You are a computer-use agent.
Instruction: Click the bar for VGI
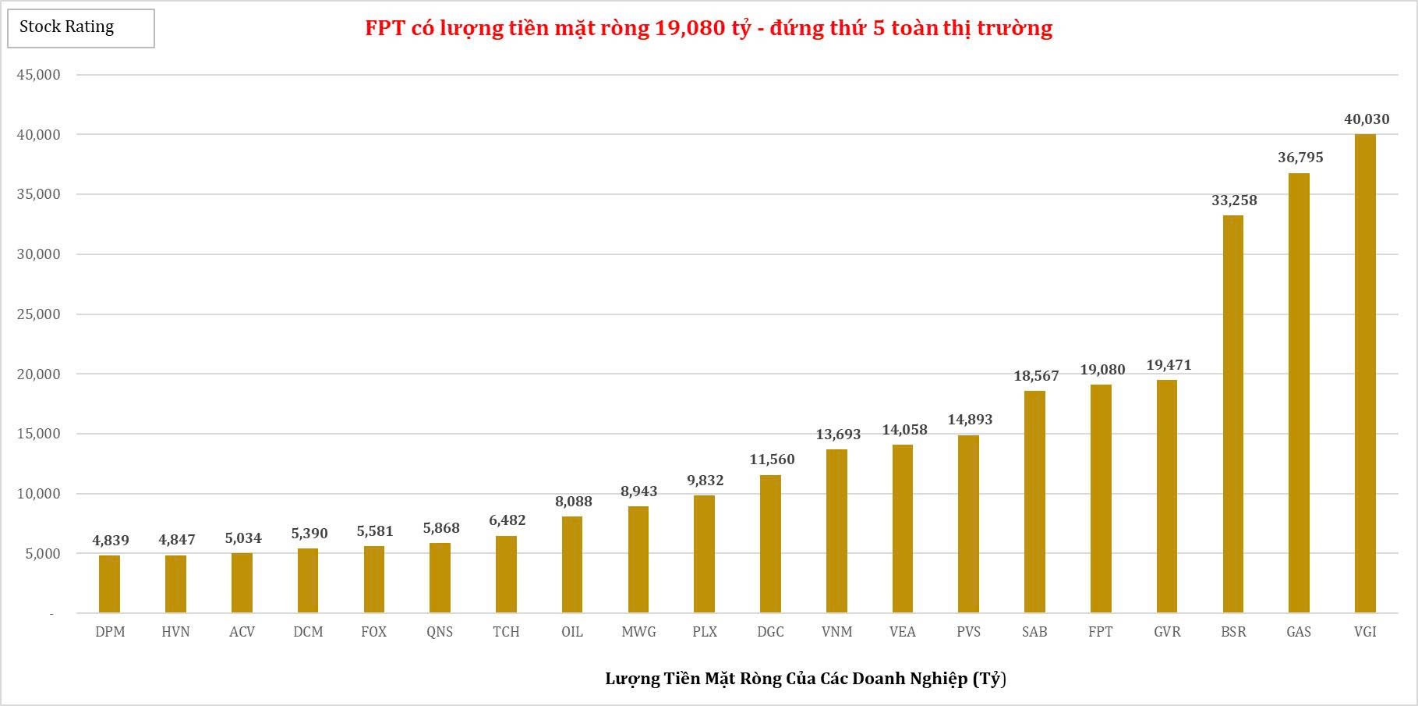(1365, 374)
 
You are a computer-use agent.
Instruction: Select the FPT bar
(1101, 499)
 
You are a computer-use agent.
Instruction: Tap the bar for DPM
(109, 584)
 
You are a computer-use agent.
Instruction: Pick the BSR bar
(1233, 413)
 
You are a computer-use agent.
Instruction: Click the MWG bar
(638, 559)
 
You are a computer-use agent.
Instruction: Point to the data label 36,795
(1300, 158)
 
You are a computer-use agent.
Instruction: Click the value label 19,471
(1169, 365)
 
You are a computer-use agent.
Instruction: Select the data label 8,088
(574, 502)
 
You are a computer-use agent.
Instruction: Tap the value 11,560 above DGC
(772, 459)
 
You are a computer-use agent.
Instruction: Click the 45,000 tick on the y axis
(38, 75)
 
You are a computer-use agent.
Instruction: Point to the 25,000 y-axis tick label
(38, 314)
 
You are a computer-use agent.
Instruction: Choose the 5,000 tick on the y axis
(42, 554)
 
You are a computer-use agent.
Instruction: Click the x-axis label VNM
(836, 632)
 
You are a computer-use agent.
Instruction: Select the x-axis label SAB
(1034, 632)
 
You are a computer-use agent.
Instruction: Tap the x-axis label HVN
(175, 632)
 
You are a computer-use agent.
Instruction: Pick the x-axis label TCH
(506, 632)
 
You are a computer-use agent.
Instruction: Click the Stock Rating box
(81, 28)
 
